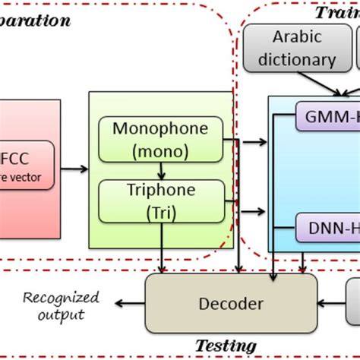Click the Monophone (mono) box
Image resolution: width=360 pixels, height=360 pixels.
161,138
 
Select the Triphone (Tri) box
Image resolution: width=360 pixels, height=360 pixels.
161,201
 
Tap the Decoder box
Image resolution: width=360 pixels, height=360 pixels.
230,304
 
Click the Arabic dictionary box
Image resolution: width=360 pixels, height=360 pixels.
296,48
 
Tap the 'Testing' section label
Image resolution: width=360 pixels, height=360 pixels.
226,346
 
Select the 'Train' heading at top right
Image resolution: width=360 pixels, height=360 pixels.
336,13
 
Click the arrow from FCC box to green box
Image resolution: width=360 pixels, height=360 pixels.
73,169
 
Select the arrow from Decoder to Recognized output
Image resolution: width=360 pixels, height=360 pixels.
125,305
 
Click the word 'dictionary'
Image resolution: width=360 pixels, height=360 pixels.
296,58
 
